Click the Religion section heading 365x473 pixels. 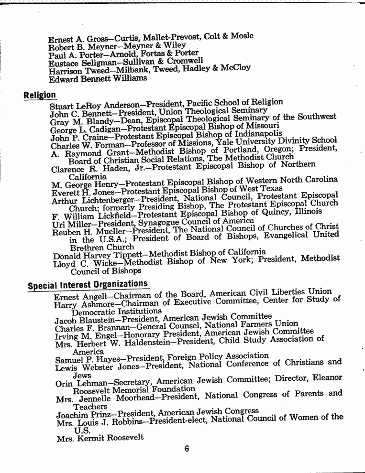coord(40,95)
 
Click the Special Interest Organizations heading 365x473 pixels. coord(88,285)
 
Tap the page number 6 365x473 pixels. coord(187,448)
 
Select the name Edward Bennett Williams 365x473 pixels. coord(98,78)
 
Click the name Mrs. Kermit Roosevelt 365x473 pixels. coord(100,437)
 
